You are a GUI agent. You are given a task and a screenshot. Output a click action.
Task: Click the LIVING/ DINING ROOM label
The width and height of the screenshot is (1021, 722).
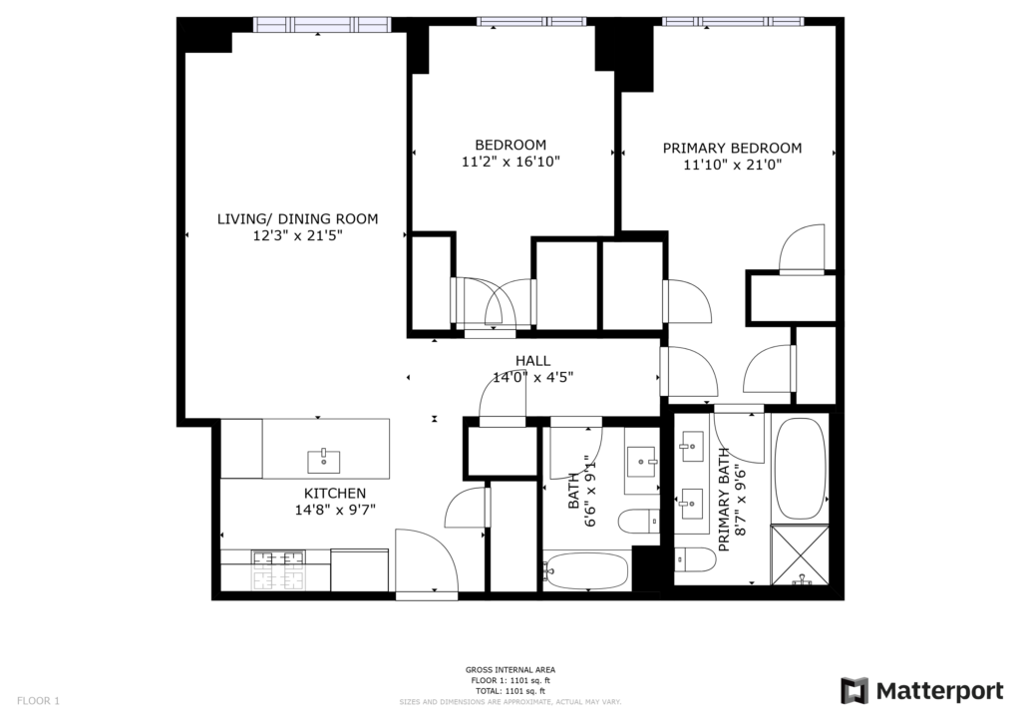297,218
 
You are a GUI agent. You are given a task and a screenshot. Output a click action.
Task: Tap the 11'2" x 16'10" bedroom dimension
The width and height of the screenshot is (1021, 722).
510,162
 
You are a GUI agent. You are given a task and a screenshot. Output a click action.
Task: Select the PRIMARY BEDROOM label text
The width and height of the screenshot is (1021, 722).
732,148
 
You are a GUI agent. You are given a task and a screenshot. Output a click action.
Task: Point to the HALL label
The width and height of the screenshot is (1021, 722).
532,360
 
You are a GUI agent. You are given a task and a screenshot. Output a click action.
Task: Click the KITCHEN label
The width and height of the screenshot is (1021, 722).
335,494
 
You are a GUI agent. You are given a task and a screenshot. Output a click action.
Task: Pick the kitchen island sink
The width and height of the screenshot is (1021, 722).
324,461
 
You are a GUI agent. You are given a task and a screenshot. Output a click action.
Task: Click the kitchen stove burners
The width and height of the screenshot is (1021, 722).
279,569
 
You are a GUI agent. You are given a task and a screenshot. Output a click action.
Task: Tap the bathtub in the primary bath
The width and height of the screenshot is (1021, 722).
801,469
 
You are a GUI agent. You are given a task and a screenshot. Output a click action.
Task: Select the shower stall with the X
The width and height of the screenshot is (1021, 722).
801,554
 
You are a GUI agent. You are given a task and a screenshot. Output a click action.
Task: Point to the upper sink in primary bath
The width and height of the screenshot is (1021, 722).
691,447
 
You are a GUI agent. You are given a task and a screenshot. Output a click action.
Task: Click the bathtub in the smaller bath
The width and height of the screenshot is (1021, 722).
586,571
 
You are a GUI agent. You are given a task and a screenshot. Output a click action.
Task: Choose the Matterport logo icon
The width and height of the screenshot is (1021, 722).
854,691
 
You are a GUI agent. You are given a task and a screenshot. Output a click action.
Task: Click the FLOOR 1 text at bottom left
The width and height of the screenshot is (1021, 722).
38,701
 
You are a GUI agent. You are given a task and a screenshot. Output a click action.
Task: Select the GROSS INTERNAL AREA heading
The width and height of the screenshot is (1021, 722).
510,670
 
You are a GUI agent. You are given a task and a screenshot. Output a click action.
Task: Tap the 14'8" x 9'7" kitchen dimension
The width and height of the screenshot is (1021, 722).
335,510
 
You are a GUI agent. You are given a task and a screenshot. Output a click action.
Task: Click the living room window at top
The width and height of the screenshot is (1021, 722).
322,25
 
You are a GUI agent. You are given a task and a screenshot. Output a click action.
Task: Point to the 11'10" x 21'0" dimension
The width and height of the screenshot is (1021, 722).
732,165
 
